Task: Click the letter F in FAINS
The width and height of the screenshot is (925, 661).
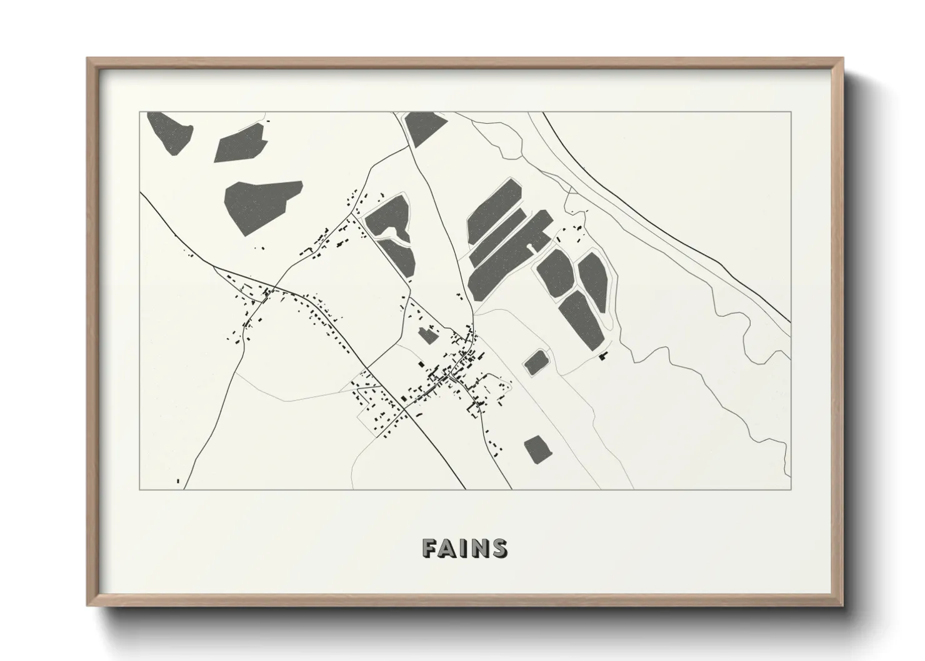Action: pos(431,548)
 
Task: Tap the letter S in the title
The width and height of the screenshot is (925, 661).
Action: pos(499,548)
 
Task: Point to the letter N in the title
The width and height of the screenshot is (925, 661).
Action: pos(480,548)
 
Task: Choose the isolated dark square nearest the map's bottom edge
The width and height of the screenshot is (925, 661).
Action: pos(538,449)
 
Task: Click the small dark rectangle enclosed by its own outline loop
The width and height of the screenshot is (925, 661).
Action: pos(536,362)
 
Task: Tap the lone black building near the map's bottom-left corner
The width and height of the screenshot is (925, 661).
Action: pos(178,480)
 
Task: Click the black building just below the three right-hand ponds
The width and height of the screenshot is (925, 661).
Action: pos(602,356)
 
